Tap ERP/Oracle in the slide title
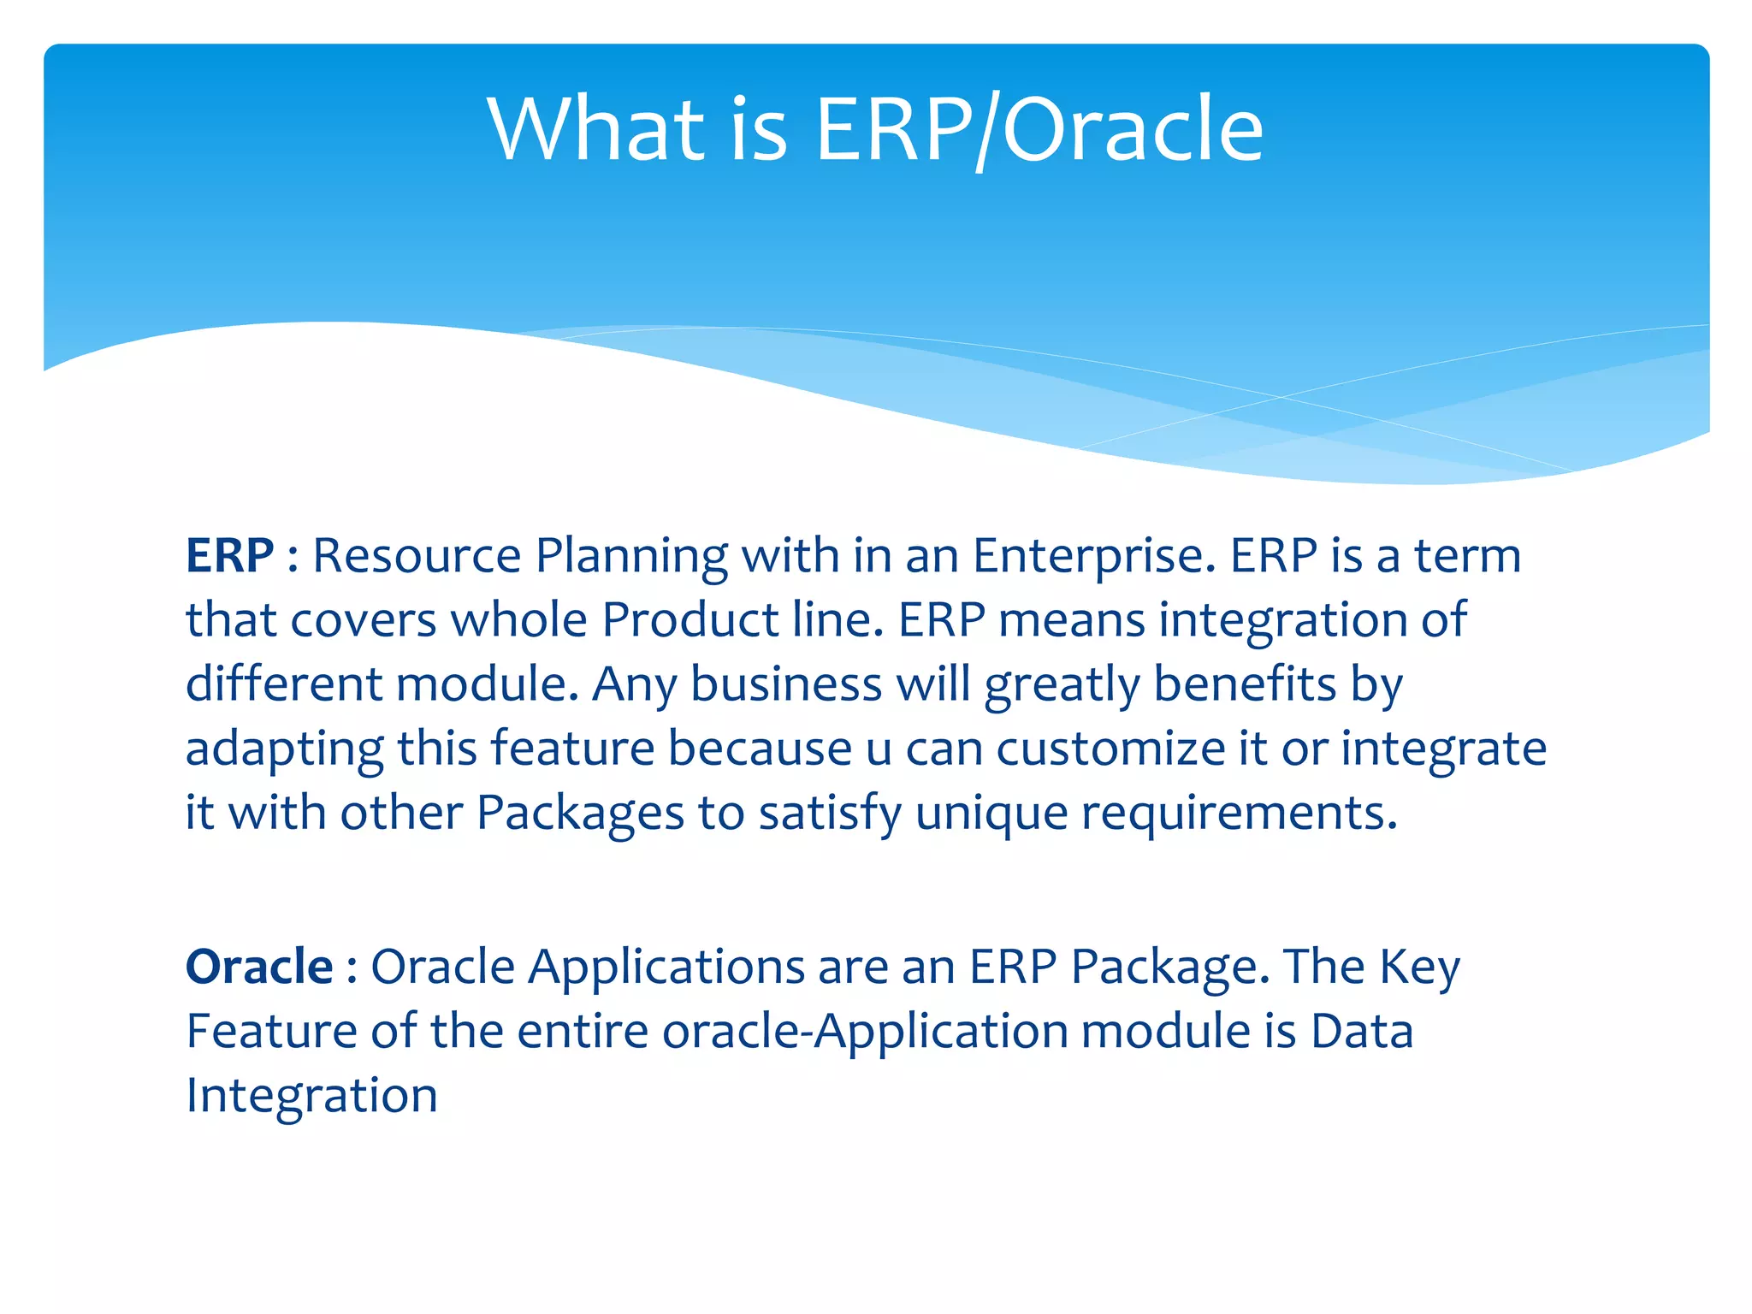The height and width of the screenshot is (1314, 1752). (x=1039, y=130)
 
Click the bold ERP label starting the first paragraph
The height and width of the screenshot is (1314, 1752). (x=229, y=556)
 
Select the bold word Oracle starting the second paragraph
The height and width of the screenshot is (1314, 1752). (x=259, y=967)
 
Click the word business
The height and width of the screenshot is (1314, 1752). (x=785, y=684)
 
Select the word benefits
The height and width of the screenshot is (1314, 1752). (x=1245, y=684)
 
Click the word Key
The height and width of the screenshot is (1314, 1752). (x=1419, y=968)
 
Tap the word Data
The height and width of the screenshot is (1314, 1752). (x=1362, y=1031)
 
